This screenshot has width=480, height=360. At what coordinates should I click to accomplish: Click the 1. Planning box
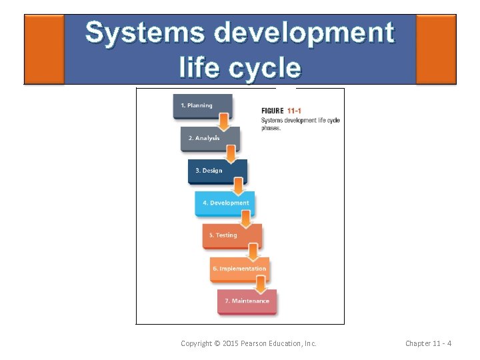[203, 106]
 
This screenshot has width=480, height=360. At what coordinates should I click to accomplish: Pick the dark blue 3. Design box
[217, 171]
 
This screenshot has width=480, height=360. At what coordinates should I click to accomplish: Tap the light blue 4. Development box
[225, 203]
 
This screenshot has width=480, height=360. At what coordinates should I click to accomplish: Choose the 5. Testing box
[232, 236]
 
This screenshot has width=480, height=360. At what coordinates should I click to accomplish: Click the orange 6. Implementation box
[239, 269]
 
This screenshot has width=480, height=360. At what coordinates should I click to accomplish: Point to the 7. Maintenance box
[247, 301]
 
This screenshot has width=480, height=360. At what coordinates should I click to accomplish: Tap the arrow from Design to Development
[239, 186]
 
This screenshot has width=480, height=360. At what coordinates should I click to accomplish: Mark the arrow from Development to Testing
[246, 219]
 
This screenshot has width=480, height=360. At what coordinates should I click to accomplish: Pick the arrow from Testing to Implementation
[253, 251]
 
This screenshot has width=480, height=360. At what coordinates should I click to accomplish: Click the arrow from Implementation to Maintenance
[261, 284]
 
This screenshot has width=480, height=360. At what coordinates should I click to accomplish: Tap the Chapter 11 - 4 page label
[428, 343]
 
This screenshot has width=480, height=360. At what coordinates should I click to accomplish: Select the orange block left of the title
[44, 49]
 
